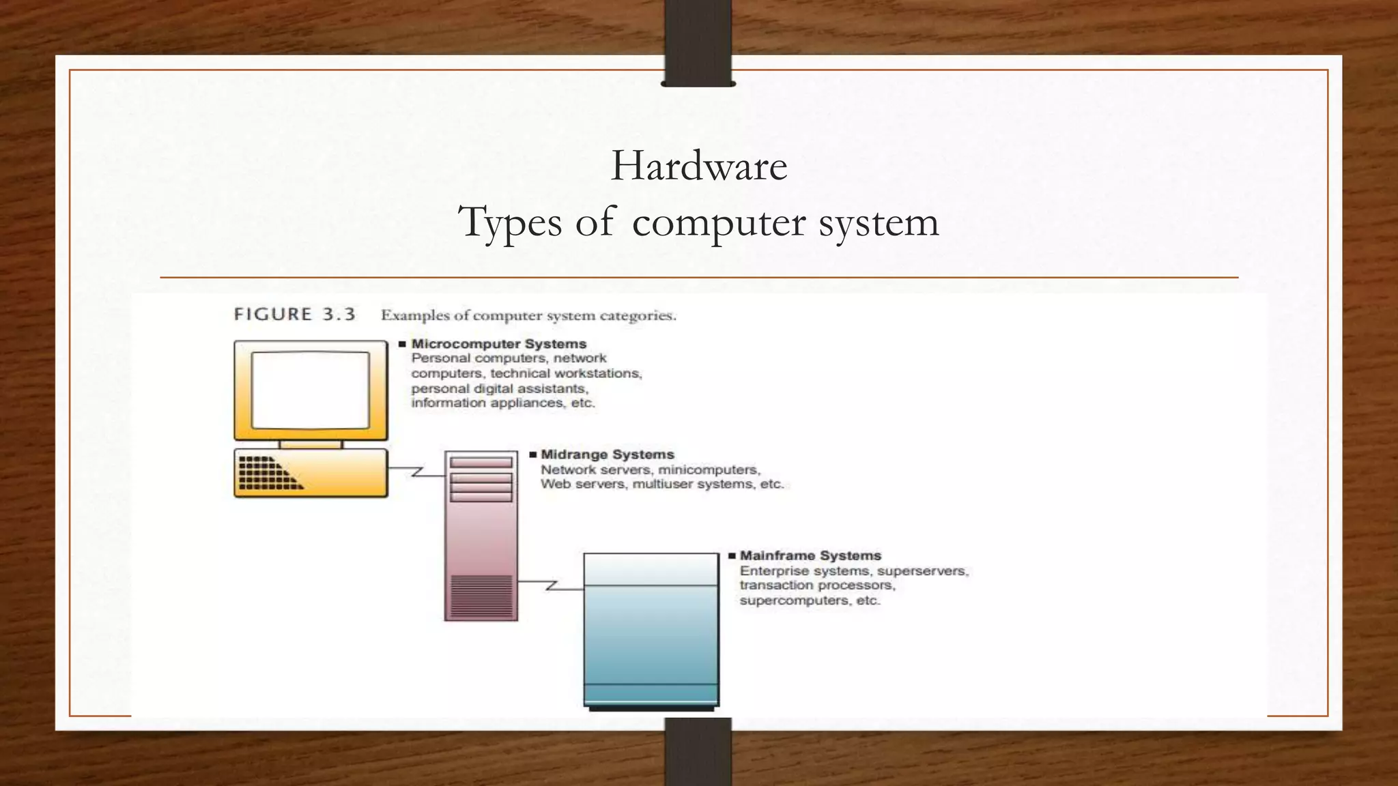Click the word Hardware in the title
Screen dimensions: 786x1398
click(x=698, y=166)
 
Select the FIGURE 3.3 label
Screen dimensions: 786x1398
click(x=294, y=315)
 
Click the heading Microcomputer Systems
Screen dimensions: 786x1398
click(x=498, y=344)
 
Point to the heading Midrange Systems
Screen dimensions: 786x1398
click(x=607, y=454)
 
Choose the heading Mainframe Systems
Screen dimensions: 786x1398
click(x=810, y=555)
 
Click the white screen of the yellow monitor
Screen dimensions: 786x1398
click(x=311, y=390)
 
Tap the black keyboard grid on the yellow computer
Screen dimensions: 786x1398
click(x=266, y=473)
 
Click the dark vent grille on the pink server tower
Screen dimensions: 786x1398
click(x=481, y=595)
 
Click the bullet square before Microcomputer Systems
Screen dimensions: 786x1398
click(x=402, y=344)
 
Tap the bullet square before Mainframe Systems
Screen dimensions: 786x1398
click(x=732, y=556)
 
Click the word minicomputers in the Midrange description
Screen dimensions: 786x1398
click(x=709, y=469)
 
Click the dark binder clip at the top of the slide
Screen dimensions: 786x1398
click(x=698, y=42)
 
